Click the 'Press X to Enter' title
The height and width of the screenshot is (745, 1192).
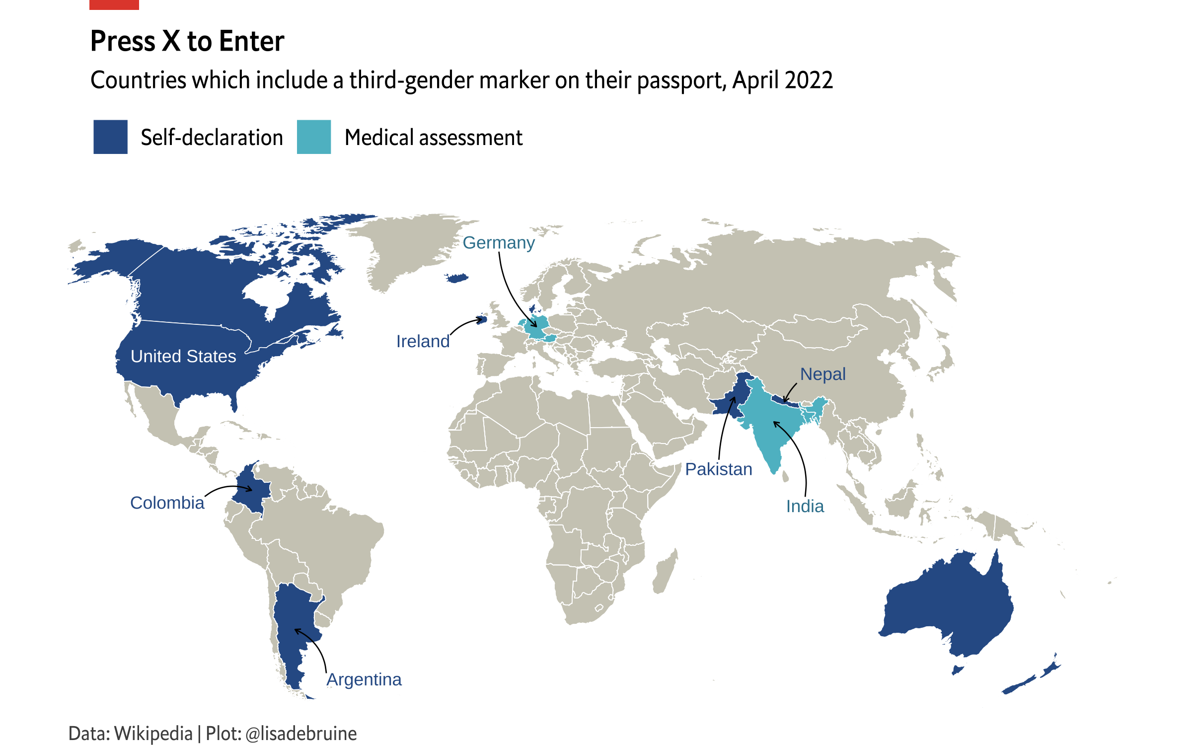pos(187,41)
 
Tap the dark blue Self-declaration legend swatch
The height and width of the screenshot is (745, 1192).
pos(110,137)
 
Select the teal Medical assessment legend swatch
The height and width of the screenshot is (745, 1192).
pos(313,137)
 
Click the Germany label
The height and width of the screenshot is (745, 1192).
pos(499,243)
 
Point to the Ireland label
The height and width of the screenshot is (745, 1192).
pos(423,342)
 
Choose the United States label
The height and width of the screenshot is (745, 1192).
pos(183,357)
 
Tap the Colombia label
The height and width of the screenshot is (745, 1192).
pos(167,503)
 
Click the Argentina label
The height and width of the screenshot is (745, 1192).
pos(364,679)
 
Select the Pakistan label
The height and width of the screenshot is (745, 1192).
pos(719,469)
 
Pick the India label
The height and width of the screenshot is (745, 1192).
pos(805,507)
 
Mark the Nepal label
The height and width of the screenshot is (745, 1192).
pos(822,374)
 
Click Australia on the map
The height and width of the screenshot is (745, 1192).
pos(949,606)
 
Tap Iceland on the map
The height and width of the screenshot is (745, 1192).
pos(457,278)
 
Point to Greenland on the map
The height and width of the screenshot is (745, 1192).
pos(412,248)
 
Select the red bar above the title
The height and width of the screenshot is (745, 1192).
pos(114,4)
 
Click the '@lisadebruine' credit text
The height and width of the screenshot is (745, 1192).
pos(301,734)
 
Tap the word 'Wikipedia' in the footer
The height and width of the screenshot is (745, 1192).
pos(153,734)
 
